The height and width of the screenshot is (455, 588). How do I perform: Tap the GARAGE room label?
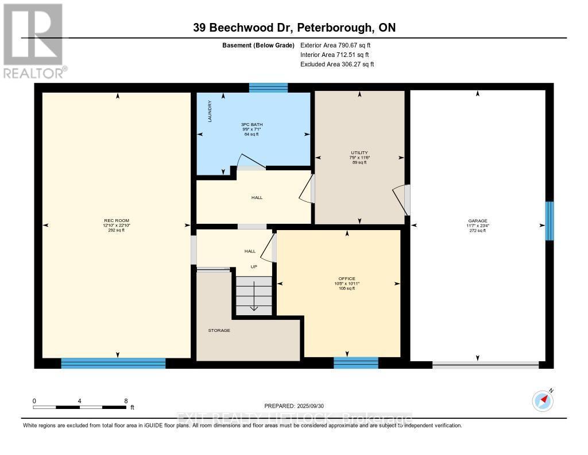477,221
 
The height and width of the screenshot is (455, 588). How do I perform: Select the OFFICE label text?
347,279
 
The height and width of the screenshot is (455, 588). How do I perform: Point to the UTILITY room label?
359,152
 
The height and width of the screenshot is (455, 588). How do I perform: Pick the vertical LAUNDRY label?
210,112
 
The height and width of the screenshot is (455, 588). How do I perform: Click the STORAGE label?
219,330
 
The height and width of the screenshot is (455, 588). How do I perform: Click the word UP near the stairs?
253,267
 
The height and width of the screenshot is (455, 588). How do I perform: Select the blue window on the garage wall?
550,221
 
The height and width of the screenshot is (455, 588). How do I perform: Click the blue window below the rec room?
113,363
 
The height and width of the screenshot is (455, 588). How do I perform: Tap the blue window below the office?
356,362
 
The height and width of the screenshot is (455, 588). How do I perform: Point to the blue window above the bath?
268,87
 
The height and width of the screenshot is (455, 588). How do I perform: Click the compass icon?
542,400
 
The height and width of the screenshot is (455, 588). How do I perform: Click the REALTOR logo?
33,40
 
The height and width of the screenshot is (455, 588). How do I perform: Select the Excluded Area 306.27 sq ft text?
337,64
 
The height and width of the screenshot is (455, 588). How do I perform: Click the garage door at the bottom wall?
485,364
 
